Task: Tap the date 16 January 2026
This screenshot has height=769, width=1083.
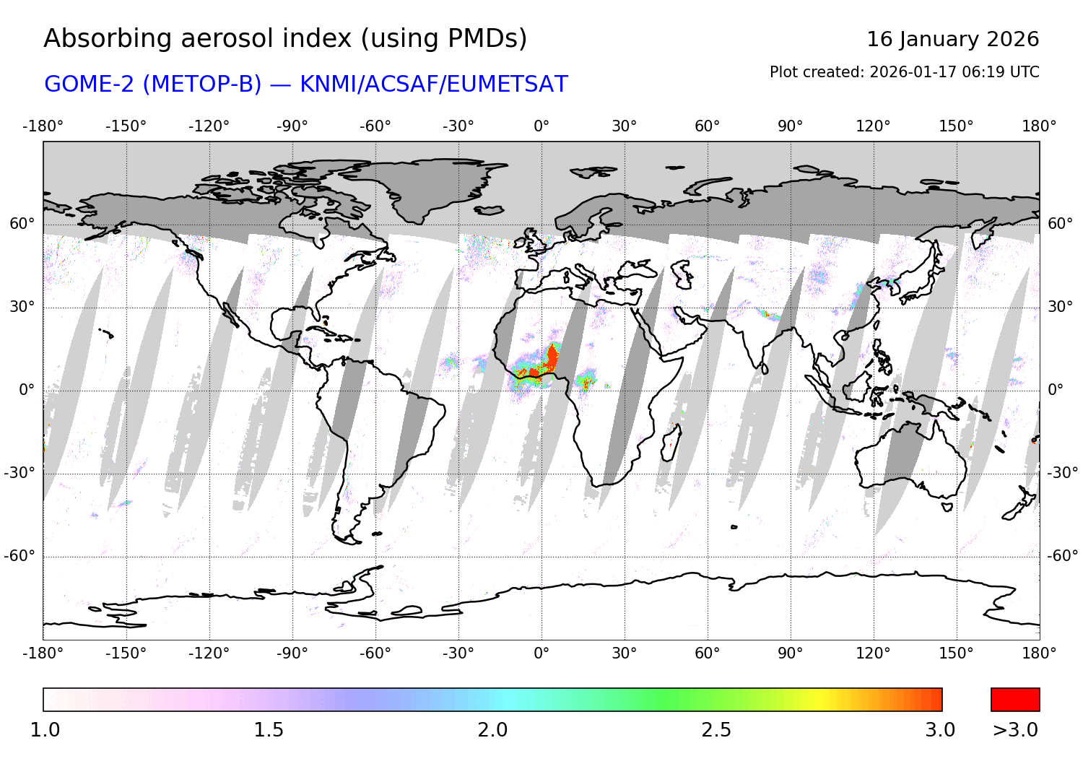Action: click(x=952, y=39)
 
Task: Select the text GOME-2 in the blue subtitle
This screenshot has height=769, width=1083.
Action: click(x=90, y=84)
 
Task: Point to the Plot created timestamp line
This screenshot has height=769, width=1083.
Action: click(x=904, y=72)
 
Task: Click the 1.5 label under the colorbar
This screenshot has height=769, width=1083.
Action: click(x=269, y=730)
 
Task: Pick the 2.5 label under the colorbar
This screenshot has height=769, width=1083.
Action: click(x=716, y=730)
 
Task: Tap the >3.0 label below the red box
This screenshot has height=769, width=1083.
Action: click(x=1015, y=730)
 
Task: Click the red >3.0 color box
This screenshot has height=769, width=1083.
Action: click(x=1015, y=700)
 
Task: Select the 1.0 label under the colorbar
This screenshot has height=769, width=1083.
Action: click(x=45, y=730)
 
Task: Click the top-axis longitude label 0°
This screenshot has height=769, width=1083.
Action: click(x=541, y=126)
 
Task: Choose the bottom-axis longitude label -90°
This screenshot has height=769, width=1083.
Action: click(x=292, y=653)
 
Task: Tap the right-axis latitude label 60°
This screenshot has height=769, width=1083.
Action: click(x=1060, y=224)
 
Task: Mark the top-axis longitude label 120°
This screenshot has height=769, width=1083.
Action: click(x=873, y=126)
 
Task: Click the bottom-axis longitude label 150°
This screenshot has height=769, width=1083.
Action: click(x=956, y=653)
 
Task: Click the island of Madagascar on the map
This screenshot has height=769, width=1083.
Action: click(x=671, y=441)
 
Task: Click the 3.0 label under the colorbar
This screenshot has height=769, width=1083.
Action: click(x=940, y=730)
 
